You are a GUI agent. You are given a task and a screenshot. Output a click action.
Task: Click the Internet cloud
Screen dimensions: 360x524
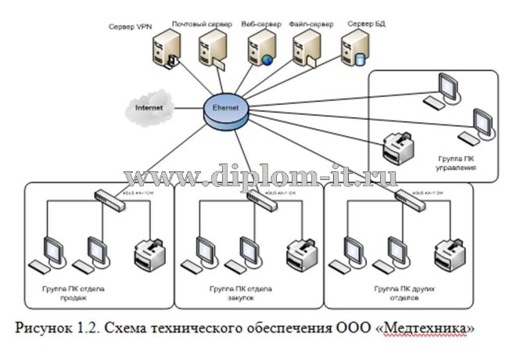point(151,106)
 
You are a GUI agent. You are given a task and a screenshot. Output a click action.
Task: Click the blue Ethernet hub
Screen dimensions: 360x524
point(226,109)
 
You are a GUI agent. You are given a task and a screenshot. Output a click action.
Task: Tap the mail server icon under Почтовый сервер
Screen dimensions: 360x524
point(211,52)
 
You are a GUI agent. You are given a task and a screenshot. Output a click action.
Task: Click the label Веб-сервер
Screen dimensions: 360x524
point(259,24)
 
